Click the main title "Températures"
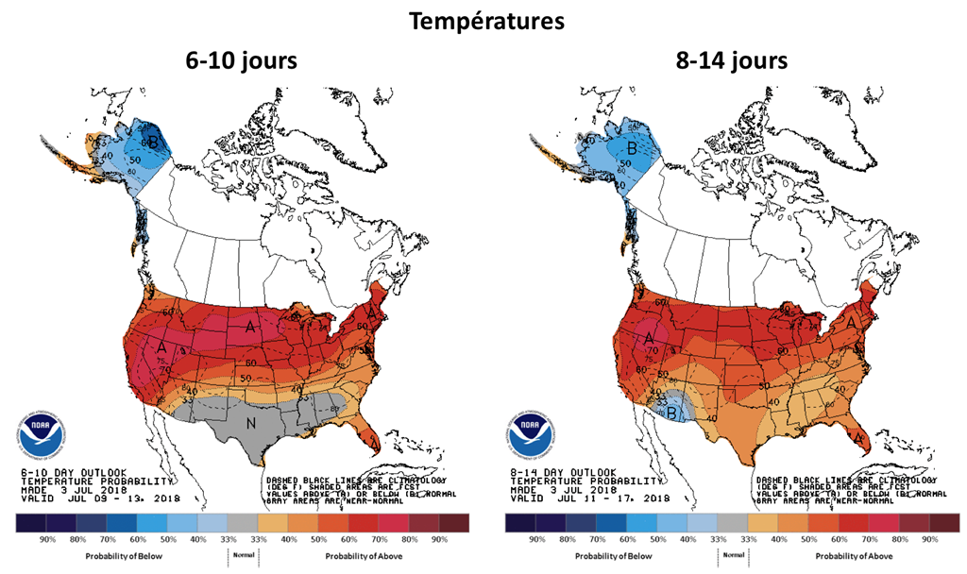(x=483, y=20)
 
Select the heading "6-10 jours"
(x=240, y=62)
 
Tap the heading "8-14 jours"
(x=730, y=62)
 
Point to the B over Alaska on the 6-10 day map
(x=154, y=143)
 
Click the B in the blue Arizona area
(x=671, y=412)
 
